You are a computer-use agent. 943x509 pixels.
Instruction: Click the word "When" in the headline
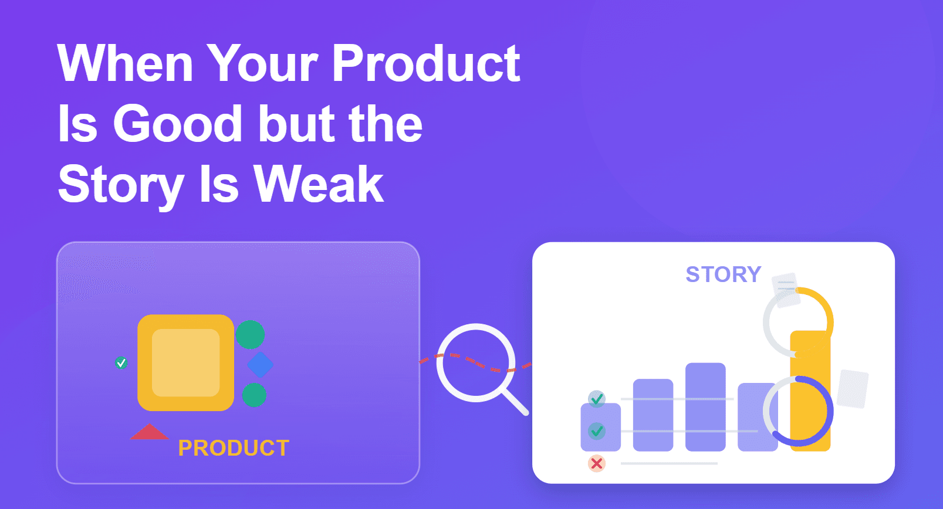point(125,63)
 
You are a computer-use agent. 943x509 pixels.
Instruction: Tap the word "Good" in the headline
point(177,124)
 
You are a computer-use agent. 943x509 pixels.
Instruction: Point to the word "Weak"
point(319,184)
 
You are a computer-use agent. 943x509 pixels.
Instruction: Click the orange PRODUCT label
point(234,447)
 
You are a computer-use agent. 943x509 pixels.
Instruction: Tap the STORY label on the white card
point(724,274)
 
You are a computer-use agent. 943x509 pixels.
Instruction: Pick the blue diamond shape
point(260,365)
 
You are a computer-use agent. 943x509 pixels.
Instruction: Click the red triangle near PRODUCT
point(150,433)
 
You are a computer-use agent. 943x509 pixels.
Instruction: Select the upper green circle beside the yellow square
point(250,335)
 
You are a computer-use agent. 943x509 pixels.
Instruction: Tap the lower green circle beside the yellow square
point(254,395)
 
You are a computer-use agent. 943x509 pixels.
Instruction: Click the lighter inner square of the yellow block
point(185,362)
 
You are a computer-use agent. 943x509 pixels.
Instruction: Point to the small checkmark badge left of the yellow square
point(121,362)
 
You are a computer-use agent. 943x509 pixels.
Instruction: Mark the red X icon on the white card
point(597,464)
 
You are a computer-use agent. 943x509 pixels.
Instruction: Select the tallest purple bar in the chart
point(705,407)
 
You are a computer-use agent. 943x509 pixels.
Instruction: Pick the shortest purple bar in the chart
point(601,427)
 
